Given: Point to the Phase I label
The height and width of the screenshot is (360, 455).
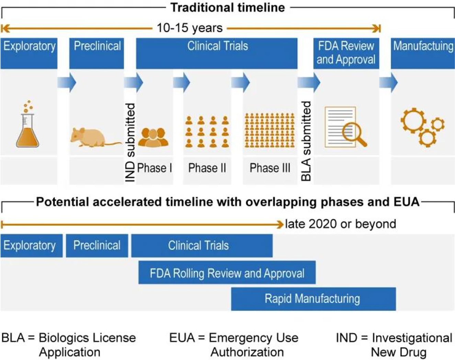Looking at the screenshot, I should click(x=155, y=168).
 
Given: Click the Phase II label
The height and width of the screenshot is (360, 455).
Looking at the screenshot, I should click(x=207, y=168).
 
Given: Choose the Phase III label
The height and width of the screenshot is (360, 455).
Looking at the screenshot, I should click(x=270, y=168).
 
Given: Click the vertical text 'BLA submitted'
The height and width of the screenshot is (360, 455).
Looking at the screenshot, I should click(x=306, y=141).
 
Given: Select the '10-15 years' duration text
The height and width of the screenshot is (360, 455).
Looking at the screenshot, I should click(x=190, y=28).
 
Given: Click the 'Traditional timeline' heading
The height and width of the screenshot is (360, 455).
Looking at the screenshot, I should click(x=228, y=8).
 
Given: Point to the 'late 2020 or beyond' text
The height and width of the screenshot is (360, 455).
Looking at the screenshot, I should click(x=340, y=224).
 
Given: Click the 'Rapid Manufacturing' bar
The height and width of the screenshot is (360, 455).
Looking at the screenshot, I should click(x=313, y=299).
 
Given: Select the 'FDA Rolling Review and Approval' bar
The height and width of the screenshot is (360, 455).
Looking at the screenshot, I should click(x=227, y=273).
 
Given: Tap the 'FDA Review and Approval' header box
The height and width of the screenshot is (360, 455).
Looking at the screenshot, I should click(x=346, y=53).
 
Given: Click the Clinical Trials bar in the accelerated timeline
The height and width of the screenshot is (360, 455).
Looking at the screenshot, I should click(x=202, y=246).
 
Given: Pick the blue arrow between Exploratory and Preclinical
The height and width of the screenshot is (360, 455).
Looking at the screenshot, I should click(x=67, y=83).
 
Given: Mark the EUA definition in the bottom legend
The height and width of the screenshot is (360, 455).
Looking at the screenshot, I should click(x=234, y=345).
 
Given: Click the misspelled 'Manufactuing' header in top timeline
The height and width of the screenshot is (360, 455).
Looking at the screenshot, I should click(x=423, y=46).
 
